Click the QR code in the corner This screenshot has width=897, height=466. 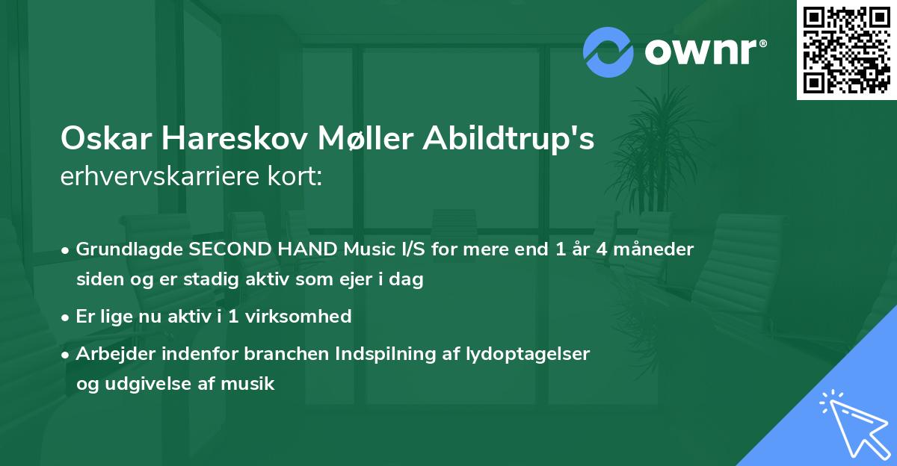click(847, 49)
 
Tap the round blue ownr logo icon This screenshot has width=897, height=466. click(609, 52)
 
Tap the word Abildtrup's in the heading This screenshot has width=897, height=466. click(508, 140)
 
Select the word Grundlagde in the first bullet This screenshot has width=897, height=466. click(124, 249)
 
